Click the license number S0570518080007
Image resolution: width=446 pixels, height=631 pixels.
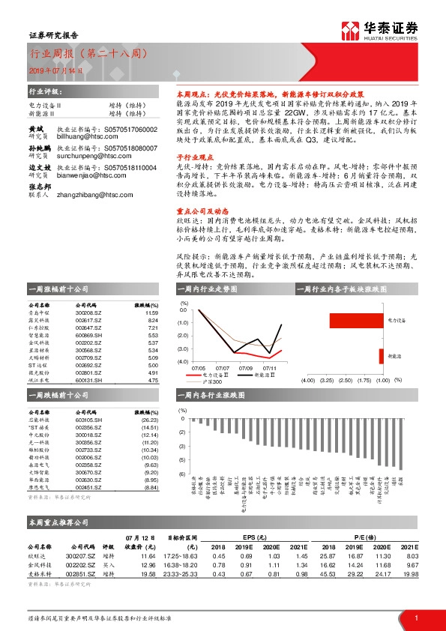tap(131, 149)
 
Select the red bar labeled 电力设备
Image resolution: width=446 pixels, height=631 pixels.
tap(357, 320)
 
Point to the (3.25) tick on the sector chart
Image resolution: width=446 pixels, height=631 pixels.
tap(328, 381)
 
